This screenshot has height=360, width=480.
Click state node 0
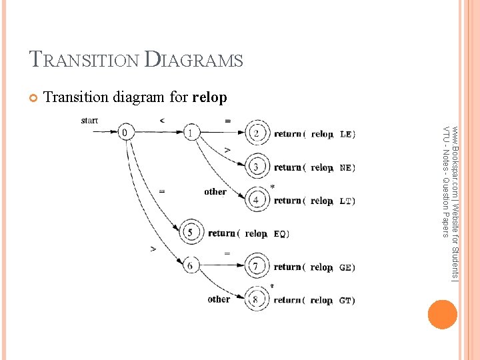tap(125, 133)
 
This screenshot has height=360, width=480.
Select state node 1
tap(191, 133)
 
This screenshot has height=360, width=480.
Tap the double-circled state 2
tap(257, 133)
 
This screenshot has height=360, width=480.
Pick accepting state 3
tap(257, 167)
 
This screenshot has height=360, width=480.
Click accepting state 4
tap(257, 199)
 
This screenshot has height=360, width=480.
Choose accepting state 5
tap(191, 233)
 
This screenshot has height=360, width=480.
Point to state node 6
tap(191, 266)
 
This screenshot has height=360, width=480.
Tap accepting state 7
tap(257, 267)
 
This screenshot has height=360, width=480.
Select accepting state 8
tap(257, 299)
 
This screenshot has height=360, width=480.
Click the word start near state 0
tap(89, 121)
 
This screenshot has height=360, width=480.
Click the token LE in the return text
tap(346, 134)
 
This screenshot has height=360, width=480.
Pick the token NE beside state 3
tap(346, 167)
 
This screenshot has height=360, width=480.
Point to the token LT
tap(346, 201)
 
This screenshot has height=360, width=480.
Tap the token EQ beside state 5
tap(280, 234)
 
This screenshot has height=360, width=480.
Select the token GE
tap(346, 267)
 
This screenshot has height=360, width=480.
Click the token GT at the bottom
tap(346, 301)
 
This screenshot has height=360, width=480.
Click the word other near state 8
tap(219, 299)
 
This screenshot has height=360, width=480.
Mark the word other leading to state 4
tap(215, 192)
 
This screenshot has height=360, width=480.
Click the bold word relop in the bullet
tap(209, 98)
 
